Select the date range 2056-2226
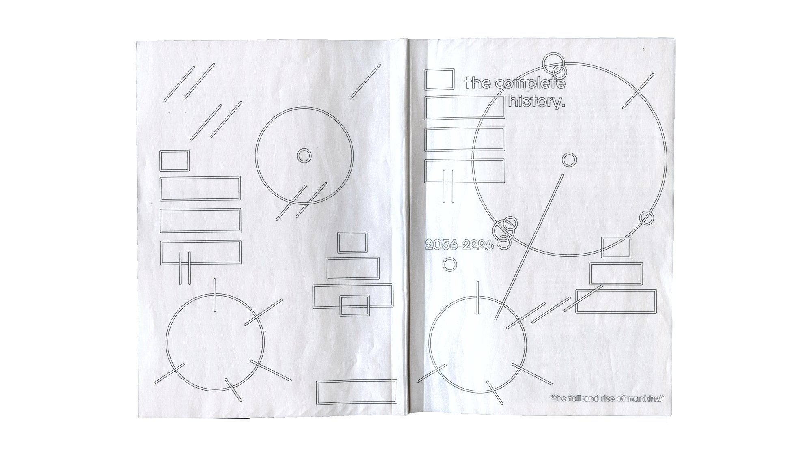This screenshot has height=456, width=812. [x=459, y=245]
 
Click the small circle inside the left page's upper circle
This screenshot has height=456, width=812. [x=304, y=155]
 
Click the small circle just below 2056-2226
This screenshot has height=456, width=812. [x=449, y=265]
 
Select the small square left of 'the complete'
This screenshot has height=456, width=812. [x=439, y=79]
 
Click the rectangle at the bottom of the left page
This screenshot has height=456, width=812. [x=356, y=391]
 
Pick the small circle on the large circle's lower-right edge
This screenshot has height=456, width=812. [x=646, y=218]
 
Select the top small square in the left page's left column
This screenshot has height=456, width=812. [x=175, y=160]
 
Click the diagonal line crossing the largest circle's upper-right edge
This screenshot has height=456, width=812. [x=639, y=91]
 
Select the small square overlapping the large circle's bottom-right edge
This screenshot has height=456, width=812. [x=616, y=247]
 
